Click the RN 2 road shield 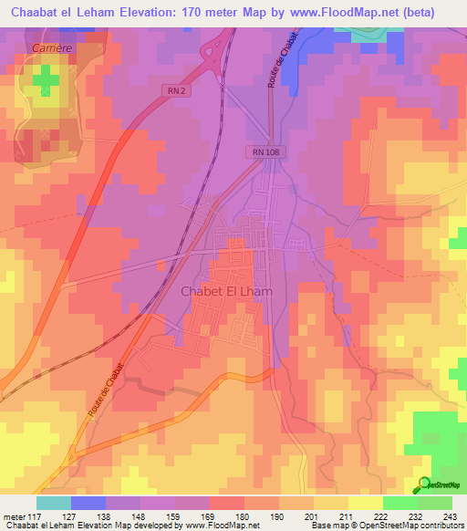point(176,88)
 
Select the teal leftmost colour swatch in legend point(54,503)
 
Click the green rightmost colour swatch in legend point(434,503)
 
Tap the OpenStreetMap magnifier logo point(423,484)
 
